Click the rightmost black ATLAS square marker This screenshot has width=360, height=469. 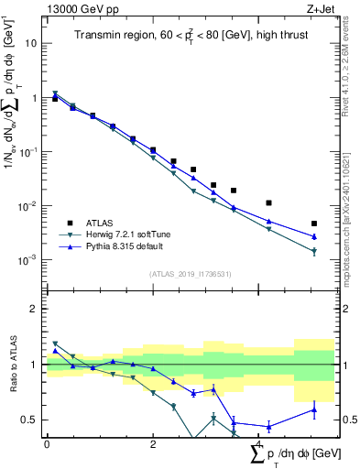(314, 224)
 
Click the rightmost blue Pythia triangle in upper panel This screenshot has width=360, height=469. (314, 236)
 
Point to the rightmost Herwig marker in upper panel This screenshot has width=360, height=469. (314, 251)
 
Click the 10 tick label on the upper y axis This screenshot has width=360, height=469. (31, 43)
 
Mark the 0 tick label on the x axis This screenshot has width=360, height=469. (47, 443)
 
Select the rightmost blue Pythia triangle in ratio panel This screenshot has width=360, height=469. (314, 409)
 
